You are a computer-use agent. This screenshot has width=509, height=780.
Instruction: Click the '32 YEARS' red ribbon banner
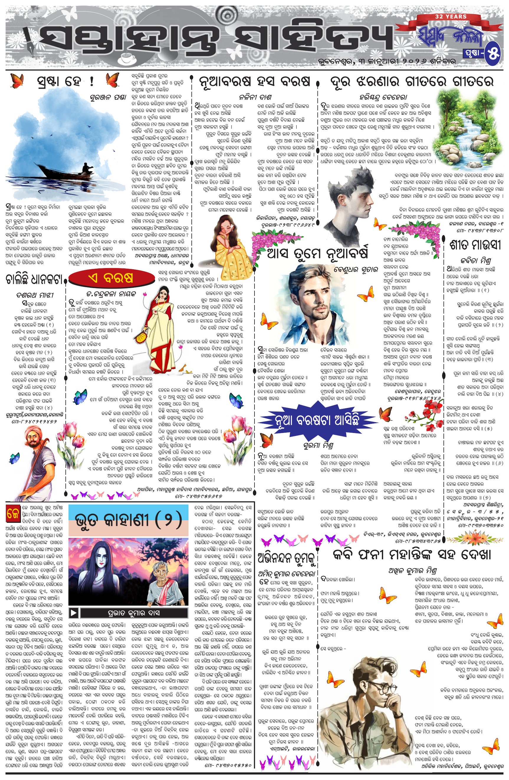pos(451,16)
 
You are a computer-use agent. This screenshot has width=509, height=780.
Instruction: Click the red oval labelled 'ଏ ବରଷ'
pos(111,278)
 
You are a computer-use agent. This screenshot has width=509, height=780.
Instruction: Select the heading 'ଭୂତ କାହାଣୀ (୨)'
pos(128,520)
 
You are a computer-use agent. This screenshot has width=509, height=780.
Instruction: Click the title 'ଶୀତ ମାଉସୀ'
pos(474,245)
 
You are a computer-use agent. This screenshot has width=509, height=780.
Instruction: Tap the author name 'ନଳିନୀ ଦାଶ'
pos(255,97)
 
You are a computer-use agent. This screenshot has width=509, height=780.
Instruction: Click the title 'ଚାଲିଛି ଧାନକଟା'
pos(34,279)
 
